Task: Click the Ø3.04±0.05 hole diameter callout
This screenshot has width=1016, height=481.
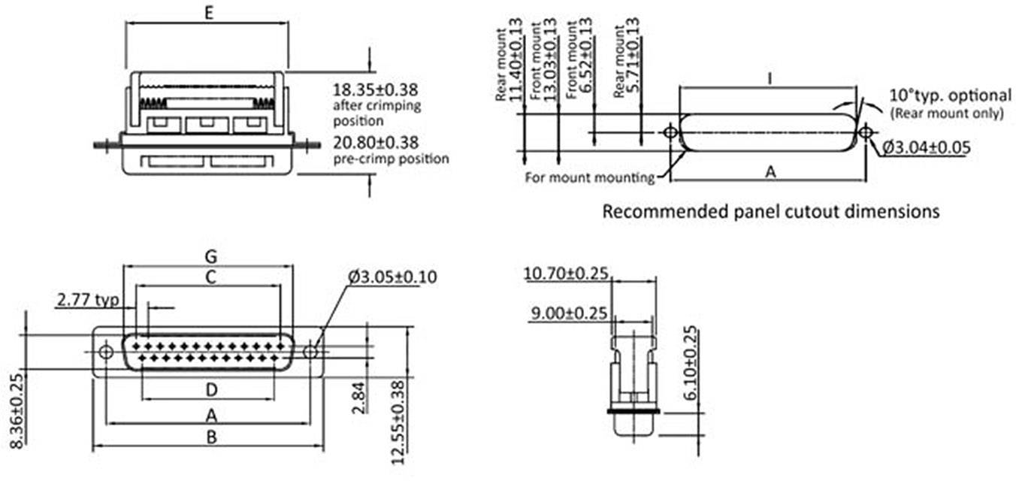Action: tap(925, 148)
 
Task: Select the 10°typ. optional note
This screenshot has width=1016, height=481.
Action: tap(951, 95)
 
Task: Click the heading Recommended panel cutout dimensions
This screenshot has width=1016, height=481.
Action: tap(771, 211)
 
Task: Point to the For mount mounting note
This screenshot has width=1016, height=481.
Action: tap(589, 178)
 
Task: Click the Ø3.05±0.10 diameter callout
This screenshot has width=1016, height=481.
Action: tap(392, 277)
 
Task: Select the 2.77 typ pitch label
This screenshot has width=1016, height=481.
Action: tap(88, 301)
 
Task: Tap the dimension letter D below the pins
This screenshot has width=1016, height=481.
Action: tap(211, 389)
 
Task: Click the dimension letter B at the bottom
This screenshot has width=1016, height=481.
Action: tap(211, 437)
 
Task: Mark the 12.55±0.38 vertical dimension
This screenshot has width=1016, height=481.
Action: tap(398, 421)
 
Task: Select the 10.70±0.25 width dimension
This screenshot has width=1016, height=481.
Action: tap(567, 274)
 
